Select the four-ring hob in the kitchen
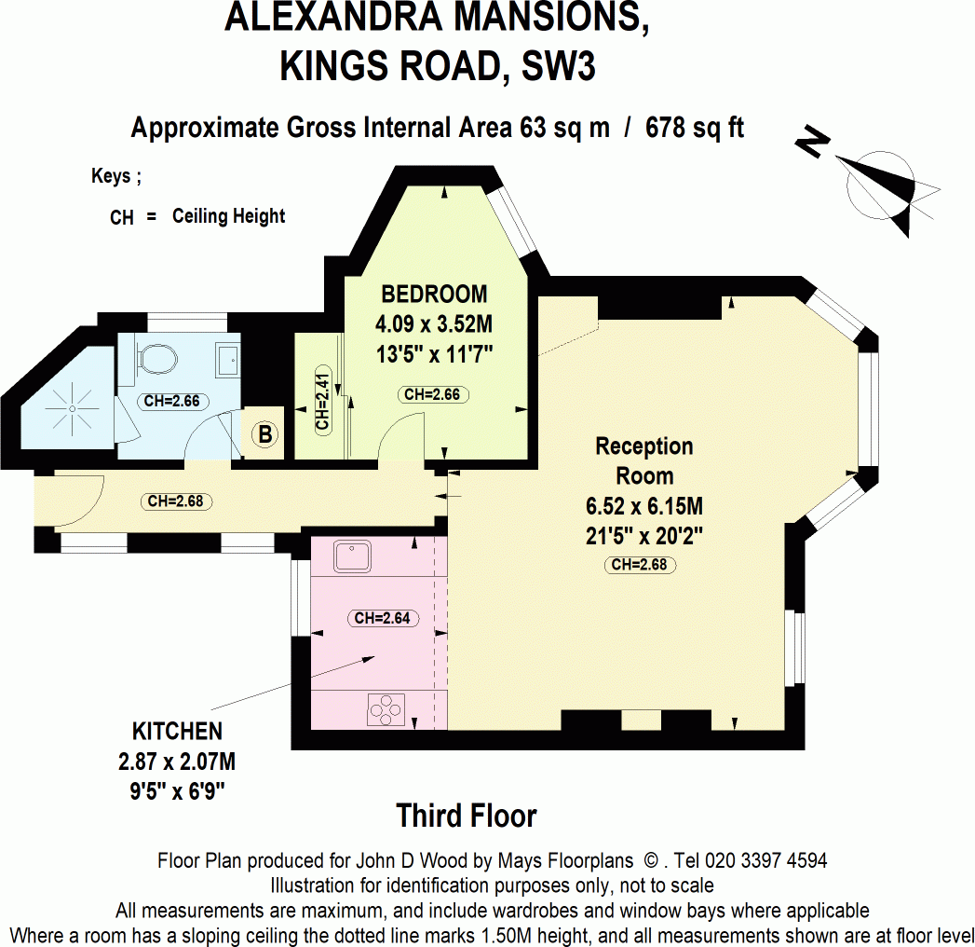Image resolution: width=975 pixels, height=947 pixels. [386, 710]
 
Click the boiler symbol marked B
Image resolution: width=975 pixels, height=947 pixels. [264, 434]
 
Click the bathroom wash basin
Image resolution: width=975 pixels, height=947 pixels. [226, 358]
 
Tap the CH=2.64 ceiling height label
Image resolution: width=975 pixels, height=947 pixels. [382, 618]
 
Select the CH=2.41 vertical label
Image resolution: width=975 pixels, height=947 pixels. [321, 403]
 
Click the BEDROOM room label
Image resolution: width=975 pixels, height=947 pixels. [434, 295]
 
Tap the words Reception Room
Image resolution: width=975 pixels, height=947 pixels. [644, 460]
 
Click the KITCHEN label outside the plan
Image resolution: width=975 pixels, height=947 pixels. [177, 732]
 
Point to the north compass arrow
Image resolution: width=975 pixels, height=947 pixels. [880, 181]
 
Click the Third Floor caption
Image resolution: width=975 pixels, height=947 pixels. [467, 817]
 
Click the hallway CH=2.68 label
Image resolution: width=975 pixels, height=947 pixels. [176, 501]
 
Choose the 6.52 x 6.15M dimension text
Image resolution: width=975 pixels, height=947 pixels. [643, 508]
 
